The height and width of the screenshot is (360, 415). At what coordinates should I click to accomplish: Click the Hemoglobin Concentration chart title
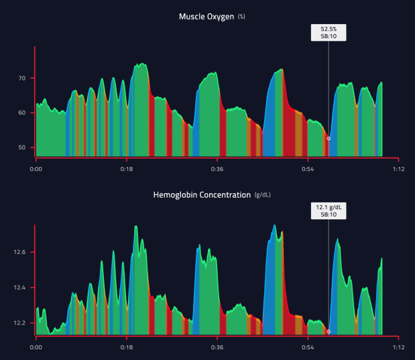201,195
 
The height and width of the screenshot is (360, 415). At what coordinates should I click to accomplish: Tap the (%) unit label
241,16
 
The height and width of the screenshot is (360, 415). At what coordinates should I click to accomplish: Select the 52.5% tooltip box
329,33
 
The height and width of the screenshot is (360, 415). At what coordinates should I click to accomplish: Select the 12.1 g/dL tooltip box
329,211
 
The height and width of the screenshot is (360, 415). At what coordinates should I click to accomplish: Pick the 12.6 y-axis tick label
20,253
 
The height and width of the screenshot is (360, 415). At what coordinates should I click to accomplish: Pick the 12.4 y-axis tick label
20,288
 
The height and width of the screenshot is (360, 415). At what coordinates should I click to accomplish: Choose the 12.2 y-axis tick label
20,323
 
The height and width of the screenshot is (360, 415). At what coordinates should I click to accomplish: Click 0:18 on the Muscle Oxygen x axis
126,170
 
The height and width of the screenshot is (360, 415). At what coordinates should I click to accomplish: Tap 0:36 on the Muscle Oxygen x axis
217,170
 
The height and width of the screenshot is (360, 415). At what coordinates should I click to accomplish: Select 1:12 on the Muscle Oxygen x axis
398,170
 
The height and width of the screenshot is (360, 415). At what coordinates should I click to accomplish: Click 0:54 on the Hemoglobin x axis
307,348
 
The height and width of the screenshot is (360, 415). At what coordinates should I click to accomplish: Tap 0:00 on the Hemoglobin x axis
36,348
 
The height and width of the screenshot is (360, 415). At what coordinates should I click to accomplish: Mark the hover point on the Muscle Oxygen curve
329,138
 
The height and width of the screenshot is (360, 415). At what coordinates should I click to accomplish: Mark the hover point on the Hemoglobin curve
329,331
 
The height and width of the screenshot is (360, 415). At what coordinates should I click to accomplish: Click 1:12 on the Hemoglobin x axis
398,348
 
